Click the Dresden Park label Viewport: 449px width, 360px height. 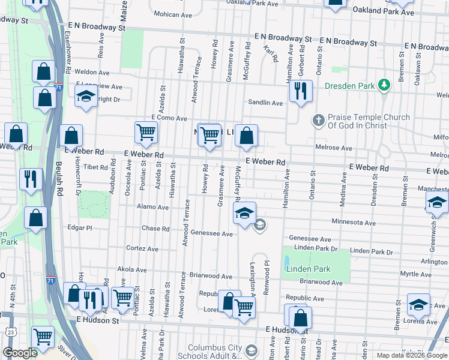[349, 86]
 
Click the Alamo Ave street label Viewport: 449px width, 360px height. [152, 207]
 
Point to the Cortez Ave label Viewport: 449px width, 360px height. [142, 248]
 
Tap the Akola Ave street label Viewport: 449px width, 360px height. [133, 270]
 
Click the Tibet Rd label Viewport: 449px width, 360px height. [95, 167]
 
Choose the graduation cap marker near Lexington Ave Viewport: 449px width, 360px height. [244, 214]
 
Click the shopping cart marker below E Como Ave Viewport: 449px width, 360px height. [146, 134]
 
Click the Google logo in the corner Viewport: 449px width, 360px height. [20, 353]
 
